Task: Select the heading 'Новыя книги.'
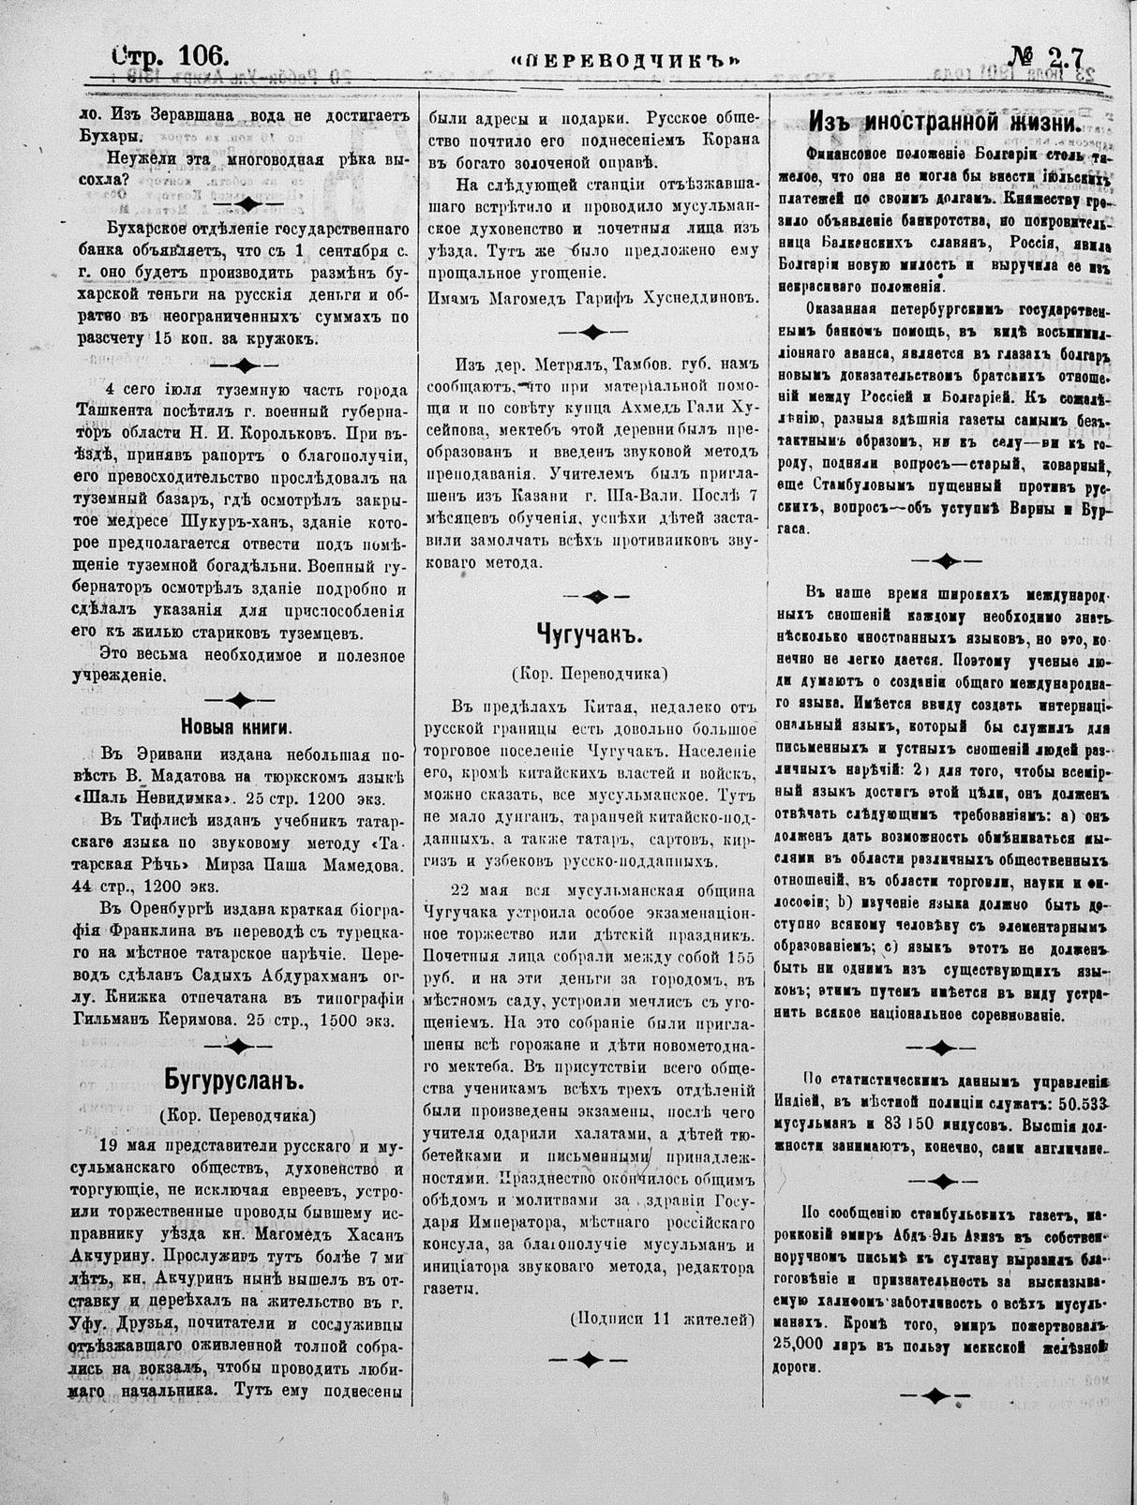coord(235,726)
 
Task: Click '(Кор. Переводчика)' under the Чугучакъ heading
coord(589,674)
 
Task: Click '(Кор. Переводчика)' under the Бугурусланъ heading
coord(236,1115)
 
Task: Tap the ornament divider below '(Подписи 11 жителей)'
coord(588,1359)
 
